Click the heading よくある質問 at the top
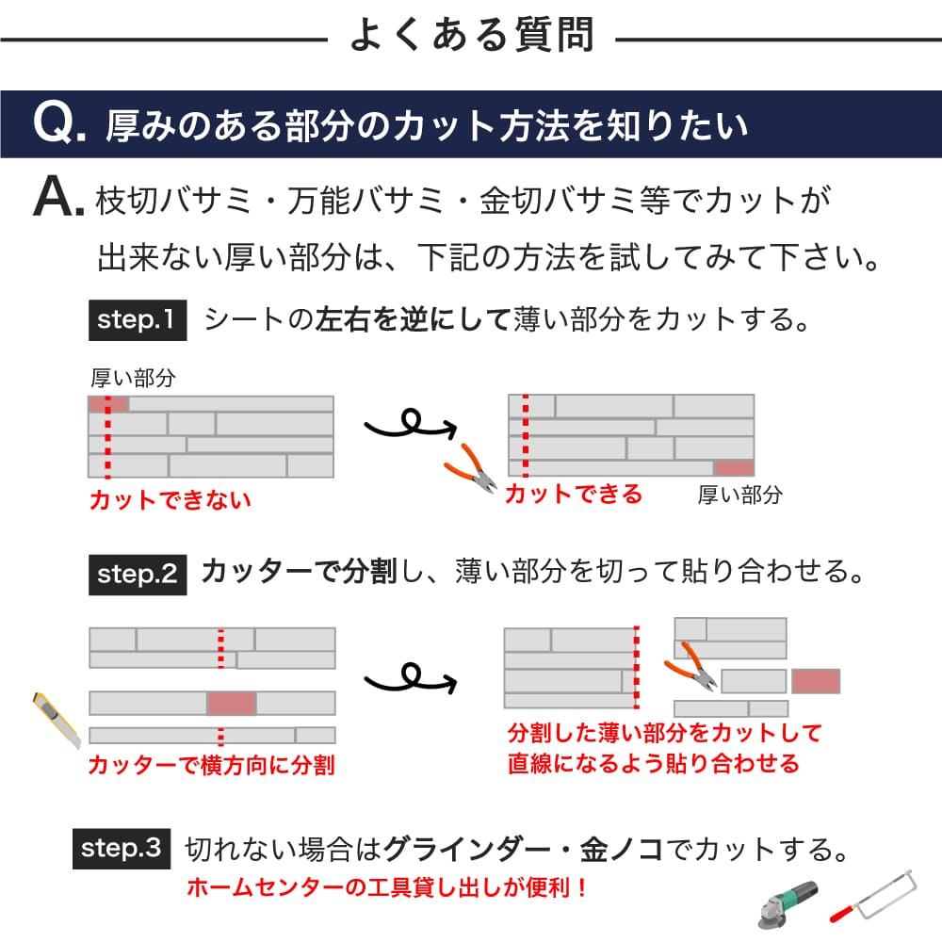point(471,35)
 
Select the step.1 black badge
point(137,320)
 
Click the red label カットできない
point(170,500)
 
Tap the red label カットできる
point(573,494)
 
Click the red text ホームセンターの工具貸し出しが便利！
point(387,887)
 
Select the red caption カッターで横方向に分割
point(211,765)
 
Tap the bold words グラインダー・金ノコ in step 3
point(526,850)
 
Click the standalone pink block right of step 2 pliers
point(815,681)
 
